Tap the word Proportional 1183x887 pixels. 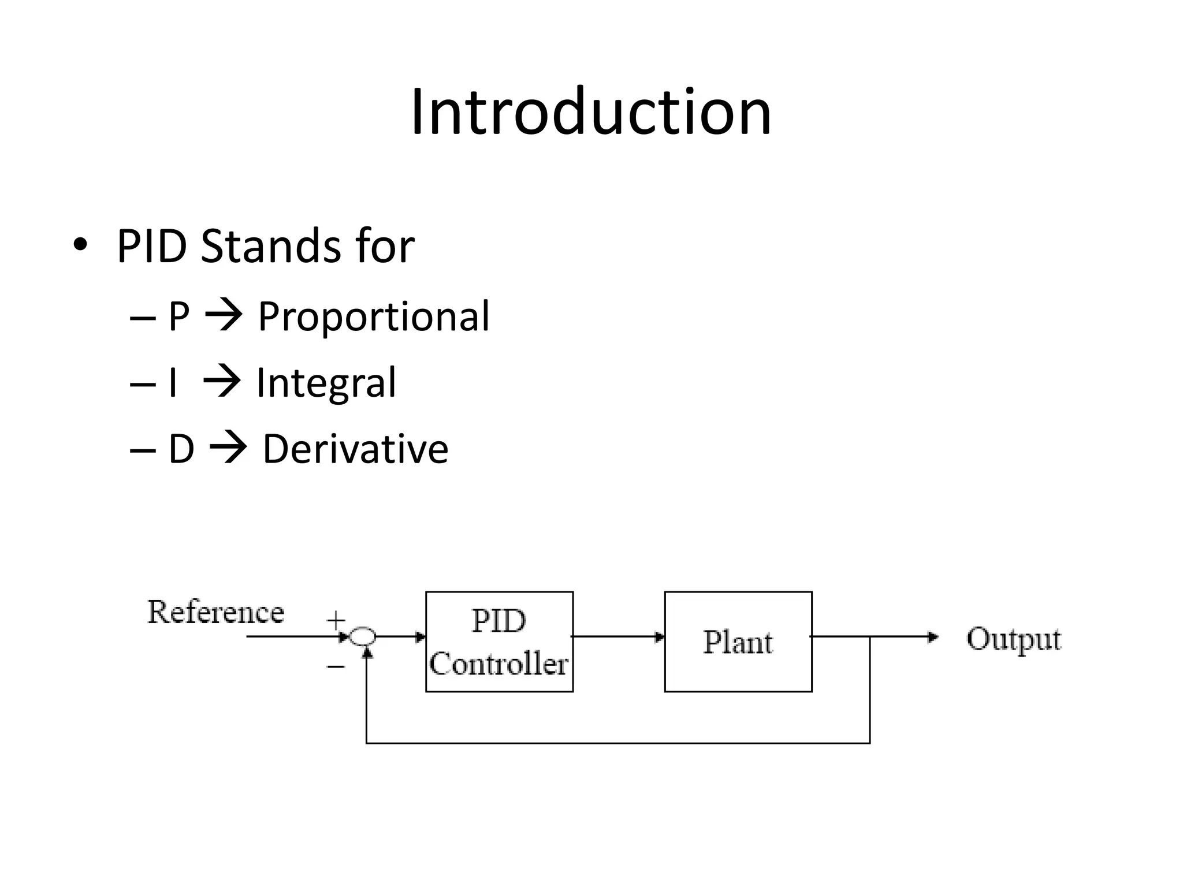coord(373,316)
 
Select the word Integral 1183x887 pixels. coord(326,383)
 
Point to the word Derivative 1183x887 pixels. coord(355,449)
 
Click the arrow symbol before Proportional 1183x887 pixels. coord(224,316)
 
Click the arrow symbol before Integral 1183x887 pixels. coord(222,383)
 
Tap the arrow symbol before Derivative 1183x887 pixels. coord(228,449)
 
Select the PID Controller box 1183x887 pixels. coord(499,642)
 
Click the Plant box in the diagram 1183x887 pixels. coord(738,642)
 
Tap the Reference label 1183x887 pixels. coord(216,612)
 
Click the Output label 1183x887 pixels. coord(1014,639)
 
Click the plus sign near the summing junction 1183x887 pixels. coord(336,621)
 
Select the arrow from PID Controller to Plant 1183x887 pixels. coord(618,637)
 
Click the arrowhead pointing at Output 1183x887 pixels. coord(932,637)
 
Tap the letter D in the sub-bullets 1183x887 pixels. coord(181,449)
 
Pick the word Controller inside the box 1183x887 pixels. coord(499,664)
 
